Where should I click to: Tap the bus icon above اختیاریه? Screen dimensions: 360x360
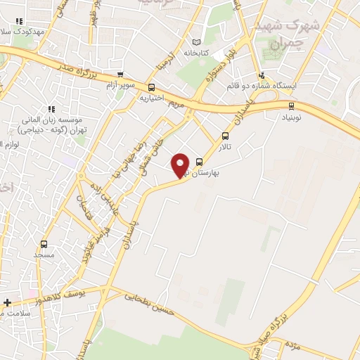(152, 87)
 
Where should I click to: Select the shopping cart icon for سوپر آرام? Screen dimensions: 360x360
(120, 75)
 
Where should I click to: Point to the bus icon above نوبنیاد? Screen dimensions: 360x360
(291, 105)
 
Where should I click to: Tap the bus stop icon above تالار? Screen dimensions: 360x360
(225, 136)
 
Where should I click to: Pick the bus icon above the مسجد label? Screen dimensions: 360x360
(44, 244)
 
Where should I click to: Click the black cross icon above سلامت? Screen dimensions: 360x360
(7, 303)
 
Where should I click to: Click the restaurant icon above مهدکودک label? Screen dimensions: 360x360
(18, 22)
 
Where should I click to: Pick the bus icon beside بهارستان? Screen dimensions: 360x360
(200, 160)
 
